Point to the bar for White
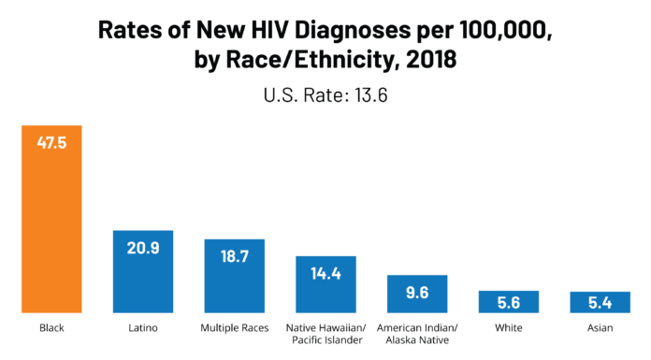(x=509, y=302)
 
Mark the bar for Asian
(x=600, y=302)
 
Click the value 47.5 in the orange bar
(x=52, y=143)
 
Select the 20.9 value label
(x=143, y=249)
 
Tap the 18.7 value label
(x=235, y=257)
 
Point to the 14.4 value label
(x=326, y=274)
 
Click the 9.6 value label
(x=417, y=293)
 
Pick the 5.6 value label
(x=509, y=302)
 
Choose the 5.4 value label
(x=600, y=302)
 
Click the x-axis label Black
(x=52, y=328)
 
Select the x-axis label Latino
(x=143, y=328)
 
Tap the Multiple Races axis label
(x=235, y=328)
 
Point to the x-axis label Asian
(x=600, y=328)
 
